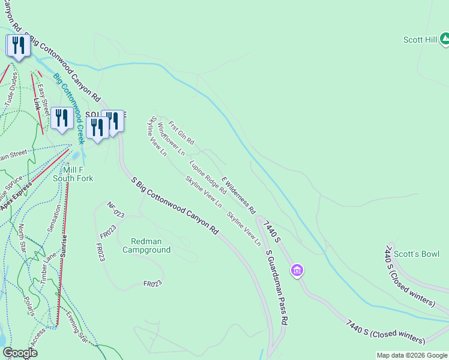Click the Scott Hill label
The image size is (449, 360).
419,40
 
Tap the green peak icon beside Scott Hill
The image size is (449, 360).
444,40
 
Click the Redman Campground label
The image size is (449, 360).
146,245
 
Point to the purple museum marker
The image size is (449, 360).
296,271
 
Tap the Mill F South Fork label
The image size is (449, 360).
73,174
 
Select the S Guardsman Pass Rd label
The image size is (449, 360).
277,286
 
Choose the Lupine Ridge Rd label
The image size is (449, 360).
207,177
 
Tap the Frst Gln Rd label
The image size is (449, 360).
181,133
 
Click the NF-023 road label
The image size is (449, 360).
115,210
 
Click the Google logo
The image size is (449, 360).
20,353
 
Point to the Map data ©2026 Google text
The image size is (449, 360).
412,355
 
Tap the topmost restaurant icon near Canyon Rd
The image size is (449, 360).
18,46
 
